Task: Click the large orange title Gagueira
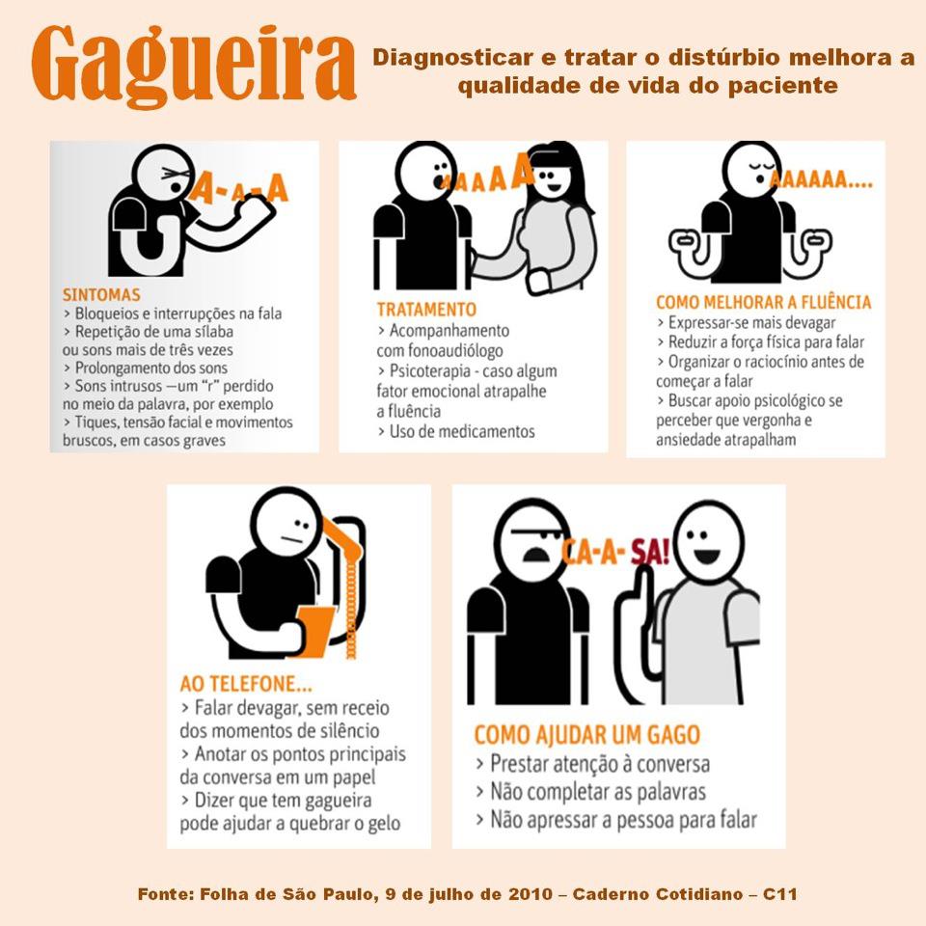click(193, 64)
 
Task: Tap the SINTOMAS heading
click(101, 294)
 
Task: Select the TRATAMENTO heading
click(425, 310)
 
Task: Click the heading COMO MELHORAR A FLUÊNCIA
click(763, 302)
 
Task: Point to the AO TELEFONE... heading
click(246, 684)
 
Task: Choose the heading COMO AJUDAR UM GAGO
click(586, 735)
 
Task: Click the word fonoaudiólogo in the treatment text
click(440, 350)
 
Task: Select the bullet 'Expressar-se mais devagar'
click(746, 323)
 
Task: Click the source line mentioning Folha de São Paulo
click(467, 894)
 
